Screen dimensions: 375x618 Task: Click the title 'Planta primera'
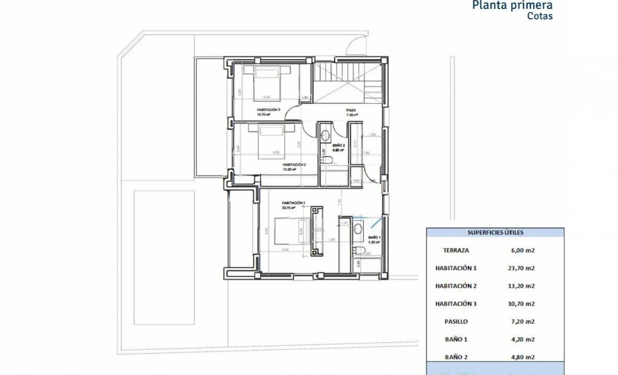pyautogui.click(x=512, y=6)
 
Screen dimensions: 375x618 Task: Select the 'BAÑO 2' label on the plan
pyautogui.click(x=338, y=146)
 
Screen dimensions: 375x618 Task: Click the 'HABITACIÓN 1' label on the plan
pyautogui.click(x=294, y=202)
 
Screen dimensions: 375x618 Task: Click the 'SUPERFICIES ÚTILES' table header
pyautogui.click(x=496, y=232)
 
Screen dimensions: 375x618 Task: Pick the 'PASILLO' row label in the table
pyautogui.click(x=456, y=322)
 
